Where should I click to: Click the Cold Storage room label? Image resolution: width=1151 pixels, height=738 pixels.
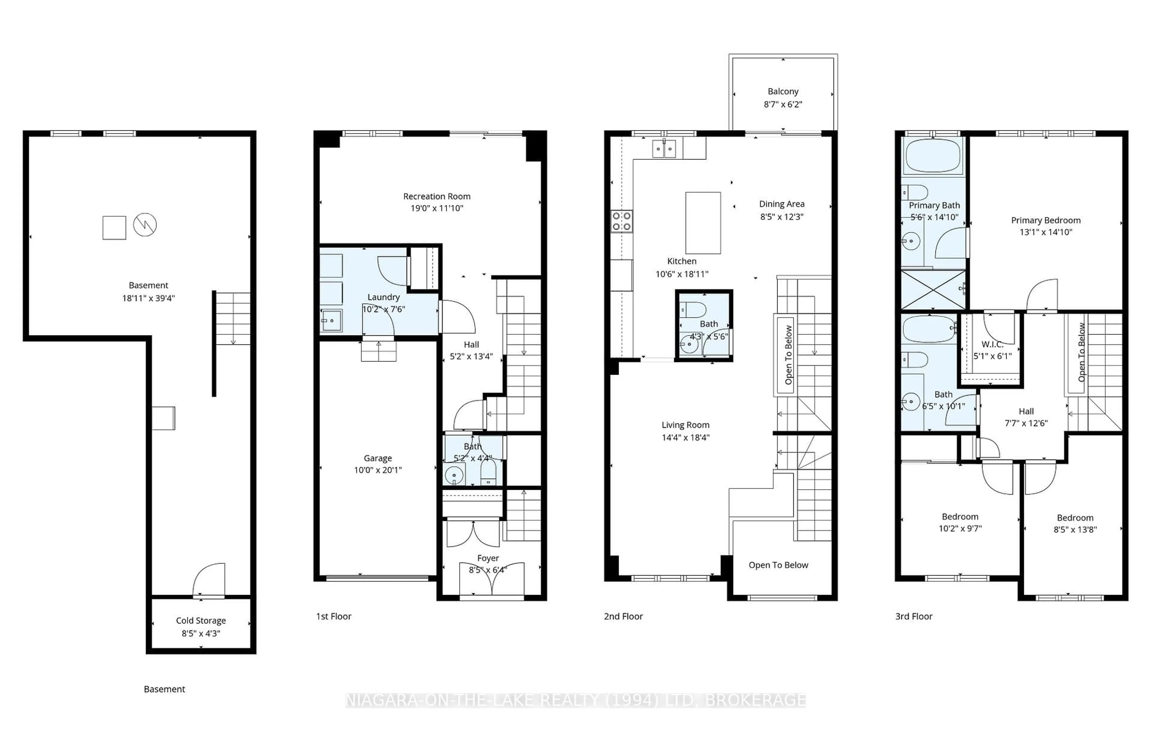[201, 620]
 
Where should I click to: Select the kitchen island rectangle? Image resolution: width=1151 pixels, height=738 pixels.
[703, 222]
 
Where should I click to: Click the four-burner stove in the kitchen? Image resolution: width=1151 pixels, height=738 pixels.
[621, 222]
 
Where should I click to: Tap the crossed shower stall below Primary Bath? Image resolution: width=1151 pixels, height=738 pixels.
[933, 290]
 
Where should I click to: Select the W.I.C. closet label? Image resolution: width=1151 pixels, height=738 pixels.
[992, 344]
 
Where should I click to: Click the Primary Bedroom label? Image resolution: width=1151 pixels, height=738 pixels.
[1045, 220]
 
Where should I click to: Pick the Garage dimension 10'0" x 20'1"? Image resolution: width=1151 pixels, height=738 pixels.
[378, 470]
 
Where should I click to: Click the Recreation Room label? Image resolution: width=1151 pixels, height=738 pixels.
[436, 196]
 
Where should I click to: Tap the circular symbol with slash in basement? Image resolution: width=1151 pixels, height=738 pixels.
[145, 225]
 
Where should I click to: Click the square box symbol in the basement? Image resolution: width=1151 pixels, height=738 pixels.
[114, 227]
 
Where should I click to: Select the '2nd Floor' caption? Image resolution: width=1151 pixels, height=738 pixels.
[623, 616]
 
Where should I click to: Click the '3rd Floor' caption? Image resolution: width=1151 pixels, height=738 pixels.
[913, 616]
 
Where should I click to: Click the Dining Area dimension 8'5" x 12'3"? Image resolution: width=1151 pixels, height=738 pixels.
[781, 217]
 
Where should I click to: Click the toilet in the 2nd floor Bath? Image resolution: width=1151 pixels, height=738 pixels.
[692, 309]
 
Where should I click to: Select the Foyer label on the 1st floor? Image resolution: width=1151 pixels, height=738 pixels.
[488, 558]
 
